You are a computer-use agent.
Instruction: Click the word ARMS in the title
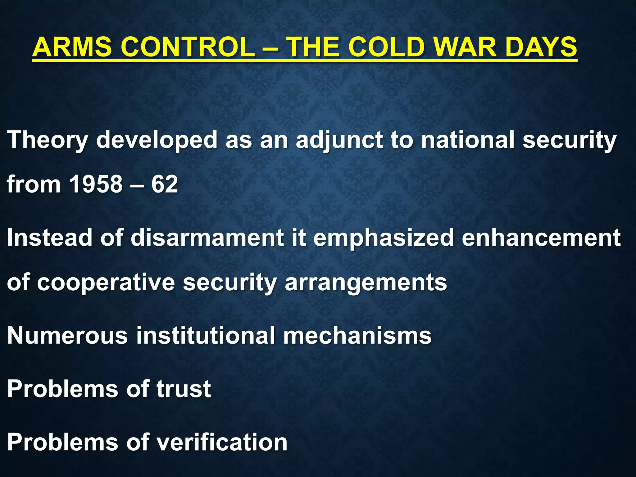click(72, 47)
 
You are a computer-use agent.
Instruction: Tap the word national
click(467, 140)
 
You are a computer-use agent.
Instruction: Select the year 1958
click(96, 184)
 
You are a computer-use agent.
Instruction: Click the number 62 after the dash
click(165, 184)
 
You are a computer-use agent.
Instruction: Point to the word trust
click(184, 389)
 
